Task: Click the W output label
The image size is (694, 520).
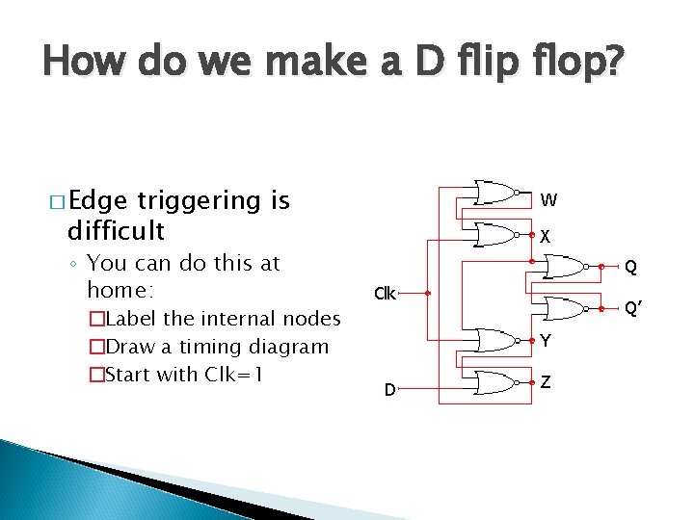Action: click(547, 201)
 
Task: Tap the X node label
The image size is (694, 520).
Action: click(546, 236)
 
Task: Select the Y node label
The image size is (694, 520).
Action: click(546, 340)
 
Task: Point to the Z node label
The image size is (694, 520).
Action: click(546, 382)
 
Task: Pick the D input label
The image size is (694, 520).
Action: click(389, 390)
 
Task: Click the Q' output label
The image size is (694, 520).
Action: click(633, 309)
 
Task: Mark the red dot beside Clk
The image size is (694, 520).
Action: click(427, 294)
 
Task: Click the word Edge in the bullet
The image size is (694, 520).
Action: click(96, 200)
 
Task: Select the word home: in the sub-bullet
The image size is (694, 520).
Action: click(120, 290)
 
